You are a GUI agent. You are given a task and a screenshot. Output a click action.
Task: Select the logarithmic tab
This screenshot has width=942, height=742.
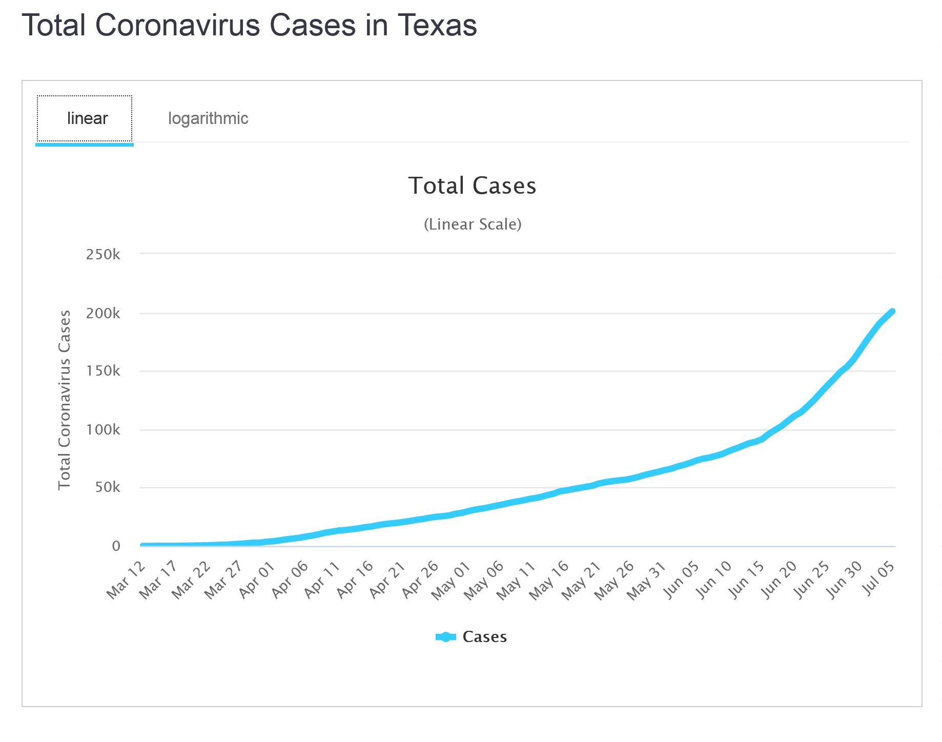pyautogui.click(x=208, y=118)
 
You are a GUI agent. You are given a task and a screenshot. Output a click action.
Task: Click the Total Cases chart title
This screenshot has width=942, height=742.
pyautogui.click(x=472, y=186)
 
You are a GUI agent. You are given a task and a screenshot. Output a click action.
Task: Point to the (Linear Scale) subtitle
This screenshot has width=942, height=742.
pyautogui.click(x=472, y=224)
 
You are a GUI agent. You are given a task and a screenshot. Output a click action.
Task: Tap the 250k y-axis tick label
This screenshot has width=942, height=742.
pyautogui.click(x=103, y=254)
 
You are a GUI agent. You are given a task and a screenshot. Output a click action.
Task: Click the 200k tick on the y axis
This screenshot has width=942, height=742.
pyautogui.click(x=103, y=313)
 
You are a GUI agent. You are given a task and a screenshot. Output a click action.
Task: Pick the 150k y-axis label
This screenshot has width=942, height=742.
pyautogui.click(x=103, y=370)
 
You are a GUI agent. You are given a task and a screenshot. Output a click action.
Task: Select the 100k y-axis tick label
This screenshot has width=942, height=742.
pyautogui.click(x=103, y=429)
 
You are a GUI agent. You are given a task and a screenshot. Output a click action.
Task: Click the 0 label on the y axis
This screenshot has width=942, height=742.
pyautogui.click(x=116, y=546)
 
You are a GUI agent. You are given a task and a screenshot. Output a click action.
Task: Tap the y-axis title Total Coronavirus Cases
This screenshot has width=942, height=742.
pyautogui.click(x=65, y=400)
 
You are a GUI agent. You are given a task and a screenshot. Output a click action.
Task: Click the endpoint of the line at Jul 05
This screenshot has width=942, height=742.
pyautogui.click(x=892, y=312)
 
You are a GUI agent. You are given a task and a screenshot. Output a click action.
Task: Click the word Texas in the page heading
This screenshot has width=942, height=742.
pyautogui.click(x=437, y=25)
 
